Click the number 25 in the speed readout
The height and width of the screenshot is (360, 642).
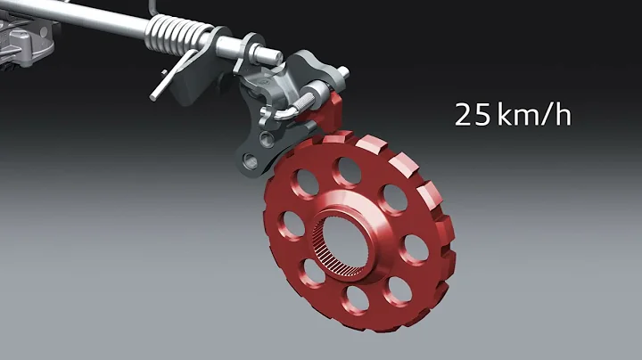pyautogui.click(x=470, y=115)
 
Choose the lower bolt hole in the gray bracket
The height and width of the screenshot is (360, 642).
pyautogui.click(x=250, y=161)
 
